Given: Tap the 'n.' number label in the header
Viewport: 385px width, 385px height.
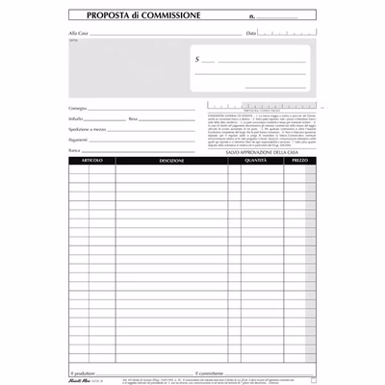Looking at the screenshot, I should (x=252, y=17).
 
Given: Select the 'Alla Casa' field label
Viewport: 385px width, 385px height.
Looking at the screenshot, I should (x=79, y=33).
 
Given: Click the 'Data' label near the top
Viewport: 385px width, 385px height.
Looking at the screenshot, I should (x=251, y=33).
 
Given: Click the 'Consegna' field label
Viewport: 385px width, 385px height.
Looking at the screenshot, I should (x=82, y=106).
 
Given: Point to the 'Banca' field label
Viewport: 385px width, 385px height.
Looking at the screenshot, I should (x=76, y=151).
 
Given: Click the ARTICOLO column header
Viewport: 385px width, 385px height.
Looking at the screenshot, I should (x=91, y=161).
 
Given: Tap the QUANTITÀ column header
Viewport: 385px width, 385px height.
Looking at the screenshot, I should (x=256, y=161).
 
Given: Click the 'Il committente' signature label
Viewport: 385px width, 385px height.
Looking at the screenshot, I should (x=212, y=371).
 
